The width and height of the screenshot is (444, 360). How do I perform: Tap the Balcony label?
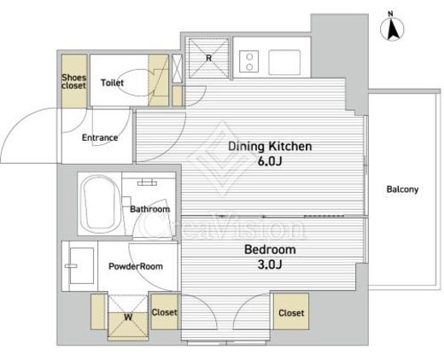tap(402, 189)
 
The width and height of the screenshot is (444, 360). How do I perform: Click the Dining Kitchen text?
tap(270, 146)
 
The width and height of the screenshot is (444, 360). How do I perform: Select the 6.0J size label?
tap(270, 161)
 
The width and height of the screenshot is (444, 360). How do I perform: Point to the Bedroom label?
tap(270, 250)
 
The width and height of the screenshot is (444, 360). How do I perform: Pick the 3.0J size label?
tap(270, 264)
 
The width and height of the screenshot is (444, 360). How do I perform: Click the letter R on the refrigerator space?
tap(209, 58)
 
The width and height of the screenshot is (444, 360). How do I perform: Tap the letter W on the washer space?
tap(128, 316)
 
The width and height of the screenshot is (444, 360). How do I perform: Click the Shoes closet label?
tap(74, 81)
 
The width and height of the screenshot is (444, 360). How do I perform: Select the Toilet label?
tap(113, 83)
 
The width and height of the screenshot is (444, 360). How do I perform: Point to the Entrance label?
tap(100, 137)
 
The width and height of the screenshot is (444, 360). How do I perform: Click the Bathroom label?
tap(150, 209)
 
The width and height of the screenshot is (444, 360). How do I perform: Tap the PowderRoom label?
tap(136, 266)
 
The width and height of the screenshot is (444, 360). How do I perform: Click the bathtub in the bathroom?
tap(100, 204)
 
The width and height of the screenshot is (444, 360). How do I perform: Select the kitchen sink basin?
tap(284, 62)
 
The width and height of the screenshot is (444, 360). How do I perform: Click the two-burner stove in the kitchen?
tap(249, 61)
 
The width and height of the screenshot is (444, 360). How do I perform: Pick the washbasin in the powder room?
tap(82, 265)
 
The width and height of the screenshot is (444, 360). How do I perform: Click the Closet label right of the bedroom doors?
tap(291, 313)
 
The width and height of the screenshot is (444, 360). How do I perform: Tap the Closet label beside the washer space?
tap(165, 312)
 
